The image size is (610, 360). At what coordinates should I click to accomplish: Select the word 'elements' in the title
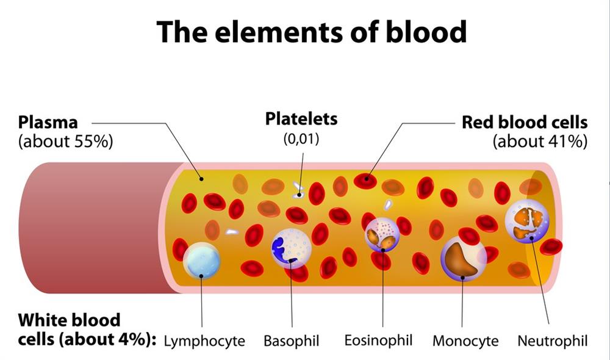(268, 31)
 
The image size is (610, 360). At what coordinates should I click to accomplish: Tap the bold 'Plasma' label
(48, 122)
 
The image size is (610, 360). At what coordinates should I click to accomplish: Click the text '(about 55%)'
(66, 142)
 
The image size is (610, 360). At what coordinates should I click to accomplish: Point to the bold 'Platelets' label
(301, 119)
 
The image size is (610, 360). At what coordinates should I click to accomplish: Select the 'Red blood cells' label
(525, 122)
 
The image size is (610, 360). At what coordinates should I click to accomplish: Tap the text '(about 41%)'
(540, 142)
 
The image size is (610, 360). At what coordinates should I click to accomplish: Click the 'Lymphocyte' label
(204, 340)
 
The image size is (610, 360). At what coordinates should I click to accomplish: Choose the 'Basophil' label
(291, 340)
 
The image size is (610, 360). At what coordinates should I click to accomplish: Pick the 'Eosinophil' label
(378, 339)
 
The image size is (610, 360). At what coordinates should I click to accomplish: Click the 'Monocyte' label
(465, 340)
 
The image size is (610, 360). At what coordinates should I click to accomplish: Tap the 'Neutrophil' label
(553, 340)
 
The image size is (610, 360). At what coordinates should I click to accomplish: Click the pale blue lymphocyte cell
(201, 261)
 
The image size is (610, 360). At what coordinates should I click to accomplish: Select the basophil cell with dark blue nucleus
(291, 248)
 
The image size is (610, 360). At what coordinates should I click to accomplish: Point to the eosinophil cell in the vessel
(382, 235)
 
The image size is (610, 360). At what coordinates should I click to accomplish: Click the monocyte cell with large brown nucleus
(463, 256)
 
